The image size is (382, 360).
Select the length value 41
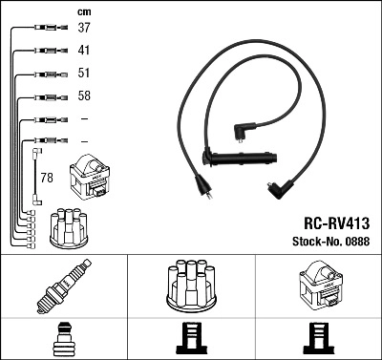84,50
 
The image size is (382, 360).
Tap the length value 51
84,74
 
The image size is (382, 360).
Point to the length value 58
84,96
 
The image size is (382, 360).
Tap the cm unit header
83,11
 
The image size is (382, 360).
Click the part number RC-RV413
336,222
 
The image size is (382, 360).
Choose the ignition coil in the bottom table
318,287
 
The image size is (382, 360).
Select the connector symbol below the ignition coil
318,339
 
